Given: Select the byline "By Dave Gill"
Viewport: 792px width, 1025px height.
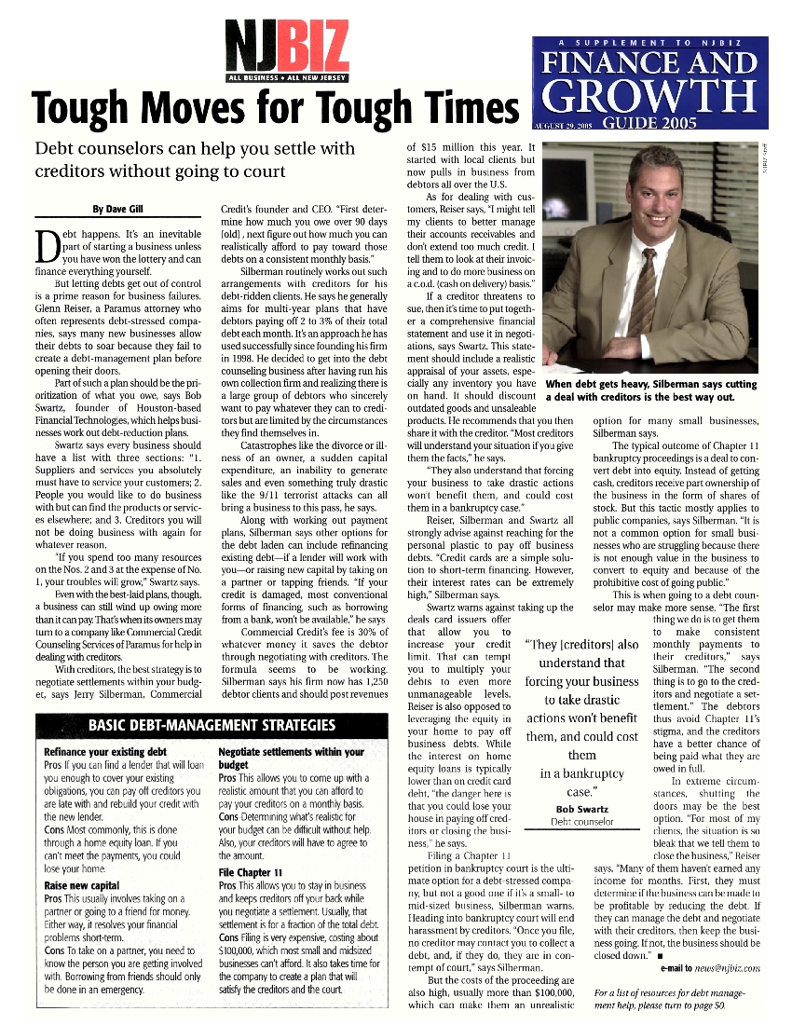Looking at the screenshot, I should coord(116,209).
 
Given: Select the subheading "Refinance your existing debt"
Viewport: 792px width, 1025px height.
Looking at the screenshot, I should coord(104,751).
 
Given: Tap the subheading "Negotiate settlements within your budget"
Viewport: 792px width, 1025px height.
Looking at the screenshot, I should coord(290,758).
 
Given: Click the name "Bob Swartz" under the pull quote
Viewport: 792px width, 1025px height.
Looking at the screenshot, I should coord(581,808).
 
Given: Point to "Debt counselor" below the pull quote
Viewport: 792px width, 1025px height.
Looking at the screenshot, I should coord(581,822).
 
